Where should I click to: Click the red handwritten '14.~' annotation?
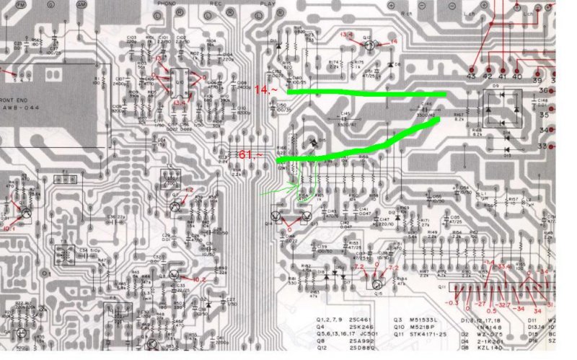click(265, 90)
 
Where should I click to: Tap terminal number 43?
click(472, 74)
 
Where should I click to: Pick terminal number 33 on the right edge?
click(563, 146)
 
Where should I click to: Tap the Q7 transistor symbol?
click(174, 205)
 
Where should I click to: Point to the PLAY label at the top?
click(268, 4)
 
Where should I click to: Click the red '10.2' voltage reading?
click(198, 279)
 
